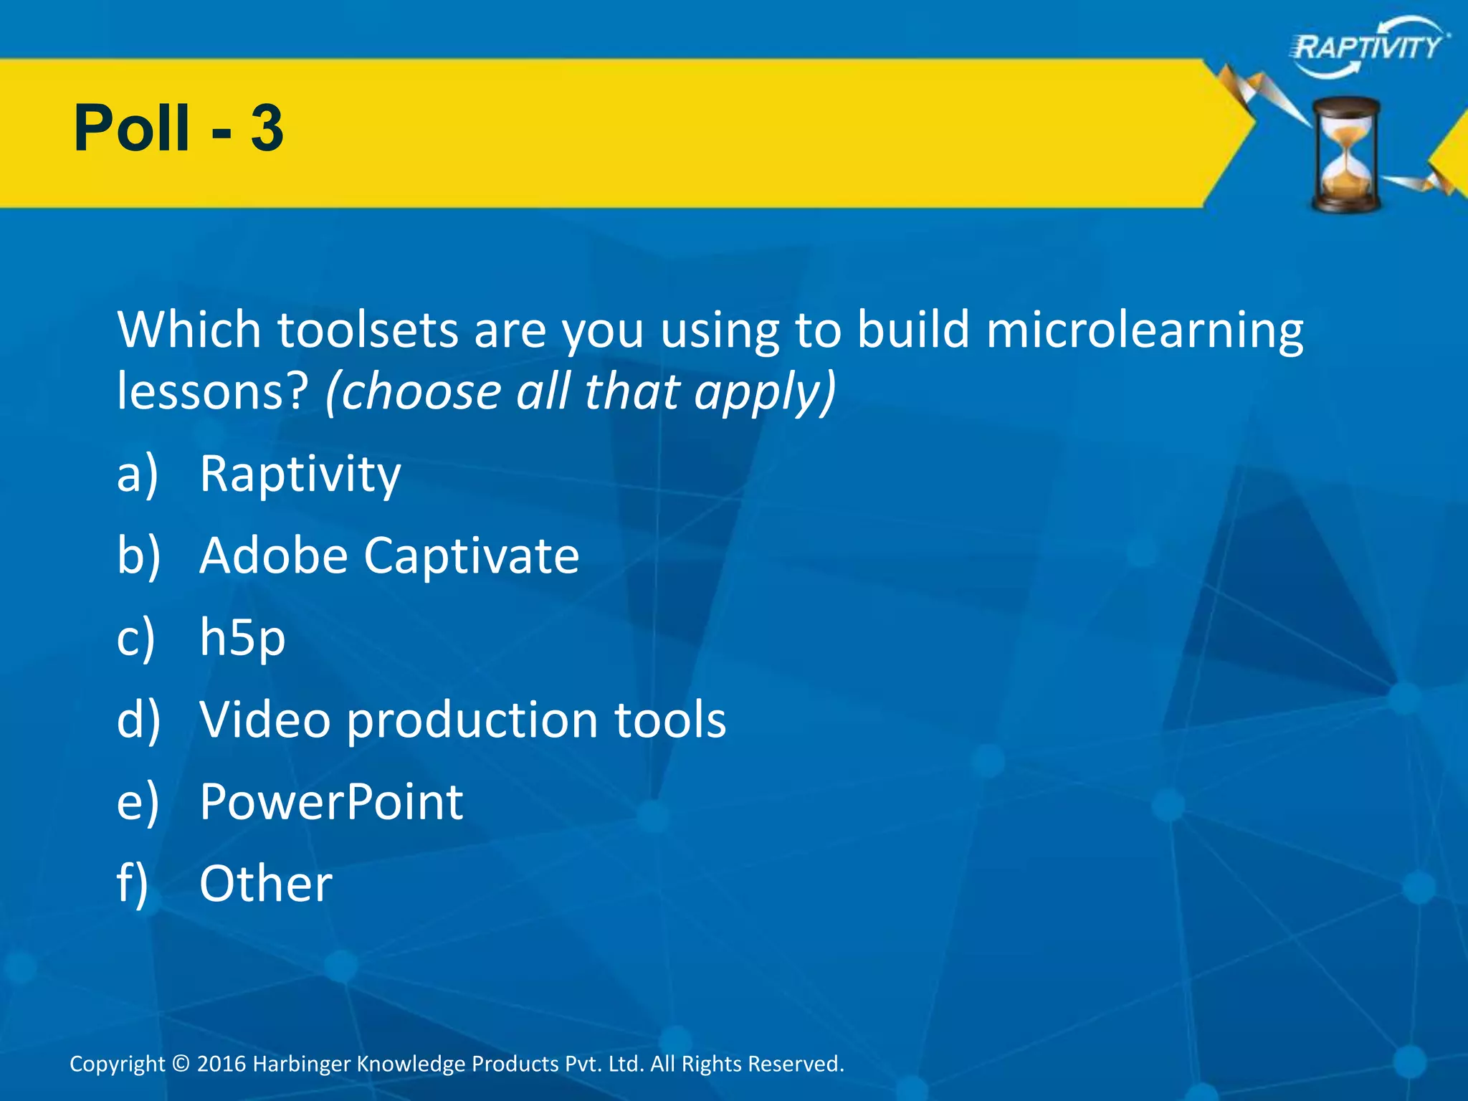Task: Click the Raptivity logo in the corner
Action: (1369, 47)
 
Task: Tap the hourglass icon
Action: (1346, 155)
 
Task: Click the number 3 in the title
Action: (267, 129)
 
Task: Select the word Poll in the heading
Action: (132, 129)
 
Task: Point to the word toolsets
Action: (368, 330)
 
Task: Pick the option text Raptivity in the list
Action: (300, 475)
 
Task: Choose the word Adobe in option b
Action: (274, 556)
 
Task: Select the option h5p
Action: (242, 639)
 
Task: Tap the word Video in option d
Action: (265, 720)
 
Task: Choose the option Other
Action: (266, 884)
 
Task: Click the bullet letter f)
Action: (133, 884)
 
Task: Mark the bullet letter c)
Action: (135, 639)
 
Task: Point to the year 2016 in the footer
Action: (221, 1064)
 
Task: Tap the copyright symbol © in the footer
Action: (181, 1064)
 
